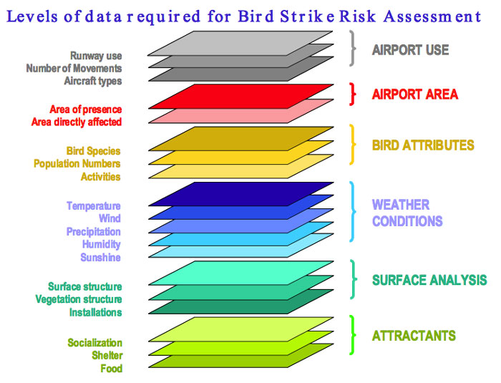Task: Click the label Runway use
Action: click(x=96, y=56)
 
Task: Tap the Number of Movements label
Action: click(x=74, y=68)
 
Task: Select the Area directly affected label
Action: click(x=77, y=122)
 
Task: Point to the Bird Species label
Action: click(x=93, y=151)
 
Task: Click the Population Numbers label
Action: click(x=77, y=164)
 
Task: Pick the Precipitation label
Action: click(x=93, y=231)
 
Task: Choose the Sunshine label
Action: click(x=100, y=257)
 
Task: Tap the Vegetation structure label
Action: click(x=79, y=299)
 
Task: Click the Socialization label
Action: click(x=94, y=343)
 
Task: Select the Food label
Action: click(x=111, y=368)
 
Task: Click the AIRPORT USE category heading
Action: click(x=410, y=50)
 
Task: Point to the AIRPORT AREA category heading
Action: click(x=414, y=94)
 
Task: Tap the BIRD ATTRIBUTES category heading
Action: click(x=423, y=145)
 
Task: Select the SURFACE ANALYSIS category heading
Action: click(x=429, y=280)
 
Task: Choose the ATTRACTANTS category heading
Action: click(x=414, y=336)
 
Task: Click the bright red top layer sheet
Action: click(x=241, y=97)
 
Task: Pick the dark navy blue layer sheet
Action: click(x=241, y=194)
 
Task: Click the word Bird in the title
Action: click(x=256, y=16)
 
